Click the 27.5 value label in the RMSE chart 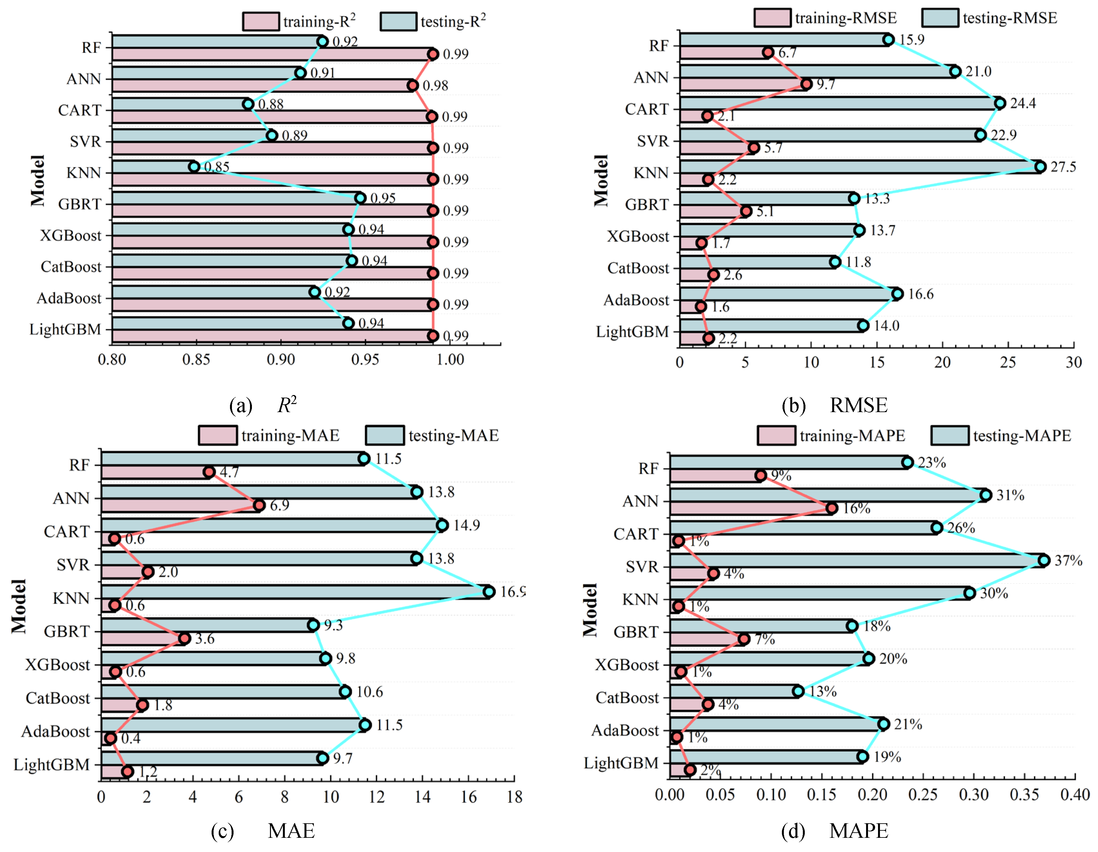pyautogui.click(x=1063, y=167)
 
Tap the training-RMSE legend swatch pyautogui.click(x=772, y=18)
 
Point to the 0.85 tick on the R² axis pyautogui.click(x=196, y=359)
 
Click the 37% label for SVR pyautogui.click(x=1068, y=560)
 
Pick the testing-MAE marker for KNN pyautogui.click(x=489, y=592)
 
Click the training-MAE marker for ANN pyautogui.click(x=259, y=505)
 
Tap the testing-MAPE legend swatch pyautogui.click(x=949, y=436)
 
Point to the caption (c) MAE pyautogui.click(x=263, y=831)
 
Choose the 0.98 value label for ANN pyautogui.click(x=435, y=86)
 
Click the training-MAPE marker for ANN pyautogui.click(x=832, y=508)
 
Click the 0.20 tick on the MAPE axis pyautogui.click(x=873, y=795)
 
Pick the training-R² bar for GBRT pyautogui.click(x=272, y=211)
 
